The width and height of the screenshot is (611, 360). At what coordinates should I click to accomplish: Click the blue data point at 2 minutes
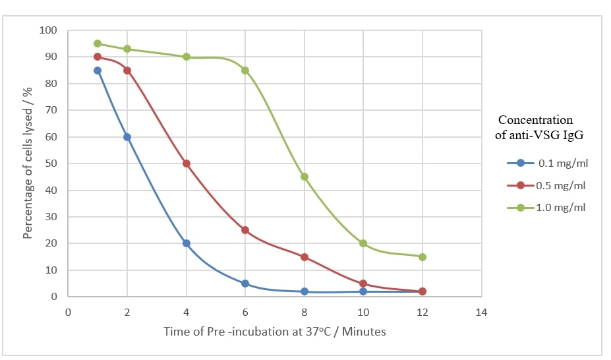[127, 137]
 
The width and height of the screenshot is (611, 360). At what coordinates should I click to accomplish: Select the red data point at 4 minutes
[187, 164]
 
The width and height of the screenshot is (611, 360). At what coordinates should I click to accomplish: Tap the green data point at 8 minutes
[305, 177]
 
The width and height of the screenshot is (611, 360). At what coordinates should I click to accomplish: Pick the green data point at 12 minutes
[422, 257]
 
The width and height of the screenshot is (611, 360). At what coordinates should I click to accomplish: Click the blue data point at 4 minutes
[187, 243]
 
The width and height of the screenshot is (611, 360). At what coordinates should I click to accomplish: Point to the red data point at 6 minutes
[245, 230]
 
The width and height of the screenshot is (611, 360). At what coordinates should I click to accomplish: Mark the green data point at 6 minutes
[245, 71]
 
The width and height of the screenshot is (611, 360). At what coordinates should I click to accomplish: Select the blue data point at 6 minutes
[245, 284]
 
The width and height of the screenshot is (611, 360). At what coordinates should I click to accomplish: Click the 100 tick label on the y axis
[49, 30]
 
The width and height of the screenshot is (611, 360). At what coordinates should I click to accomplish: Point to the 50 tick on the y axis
[51, 164]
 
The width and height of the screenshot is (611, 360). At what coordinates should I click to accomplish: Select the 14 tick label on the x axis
[482, 311]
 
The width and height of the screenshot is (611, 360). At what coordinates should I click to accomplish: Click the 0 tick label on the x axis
[68, 311]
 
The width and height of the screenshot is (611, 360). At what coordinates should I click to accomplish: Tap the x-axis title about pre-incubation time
[275, 332]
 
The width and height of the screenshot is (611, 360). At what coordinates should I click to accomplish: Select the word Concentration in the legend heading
[535, 120]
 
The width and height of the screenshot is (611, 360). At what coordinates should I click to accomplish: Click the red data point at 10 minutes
[363, 284]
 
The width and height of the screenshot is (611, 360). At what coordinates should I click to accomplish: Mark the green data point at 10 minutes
[363, 243]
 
